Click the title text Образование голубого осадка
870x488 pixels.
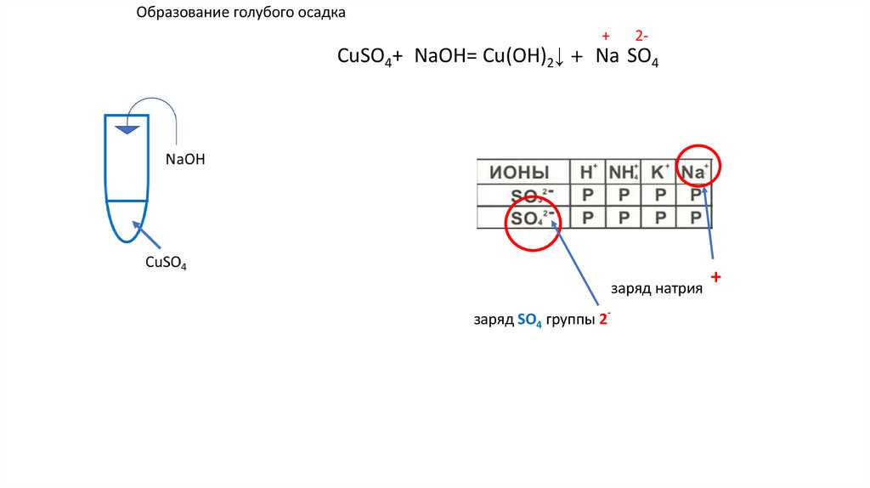click(241, 14)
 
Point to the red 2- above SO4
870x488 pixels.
click(642, 36)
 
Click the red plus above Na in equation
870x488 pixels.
click(606, 36)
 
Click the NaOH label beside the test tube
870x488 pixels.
click(186, 159)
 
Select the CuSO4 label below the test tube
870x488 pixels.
click(166, 263)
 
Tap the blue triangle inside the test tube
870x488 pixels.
click(127, 129)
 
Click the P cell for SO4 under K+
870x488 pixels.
click(659, 218)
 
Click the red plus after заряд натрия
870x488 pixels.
click(716, 278)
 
